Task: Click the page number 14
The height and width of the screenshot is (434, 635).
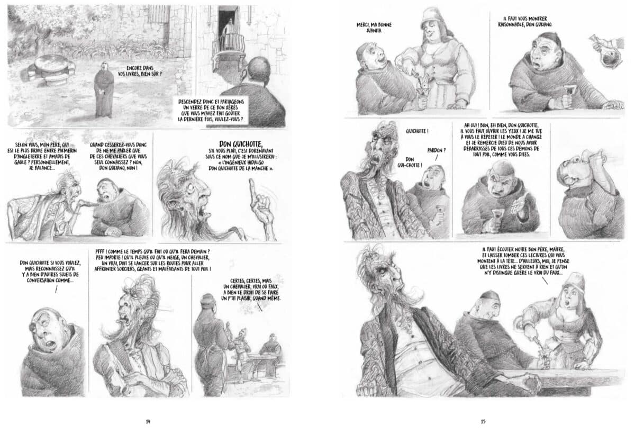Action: pos(148,421)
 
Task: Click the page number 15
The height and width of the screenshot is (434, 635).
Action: pos(483,421)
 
